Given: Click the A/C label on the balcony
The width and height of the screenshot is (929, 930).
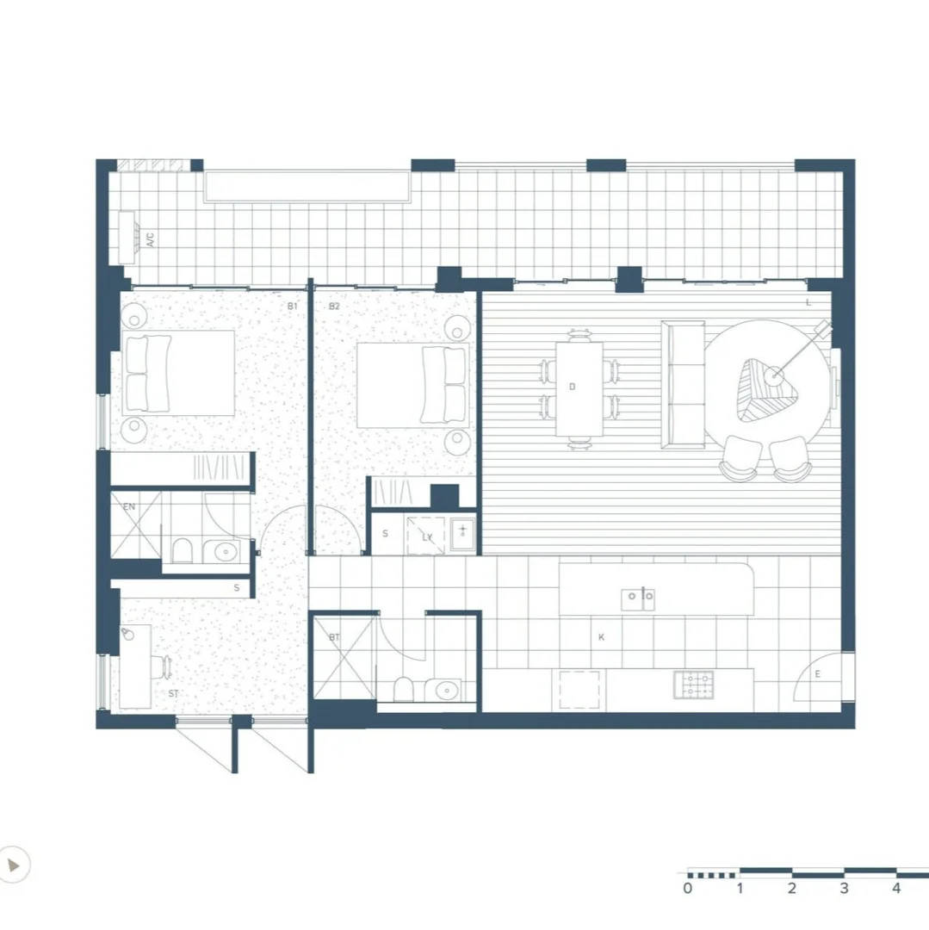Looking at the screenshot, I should [150, 239].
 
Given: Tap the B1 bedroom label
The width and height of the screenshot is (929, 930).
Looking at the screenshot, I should [292, 306].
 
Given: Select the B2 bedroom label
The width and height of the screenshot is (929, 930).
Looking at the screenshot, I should [334, 306].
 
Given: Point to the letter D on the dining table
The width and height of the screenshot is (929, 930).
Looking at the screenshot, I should [572, 387].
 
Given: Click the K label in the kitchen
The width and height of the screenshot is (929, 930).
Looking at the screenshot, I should [601, 637].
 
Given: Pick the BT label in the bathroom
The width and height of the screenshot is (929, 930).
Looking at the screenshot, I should [335, 637].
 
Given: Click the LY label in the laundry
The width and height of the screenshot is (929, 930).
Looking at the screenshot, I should [426, 537].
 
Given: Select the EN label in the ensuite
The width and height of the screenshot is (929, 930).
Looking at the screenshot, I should [129, 507].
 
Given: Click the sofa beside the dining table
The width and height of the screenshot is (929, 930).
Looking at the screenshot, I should [683, 385].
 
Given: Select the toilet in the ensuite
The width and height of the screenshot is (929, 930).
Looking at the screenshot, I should [182, 551].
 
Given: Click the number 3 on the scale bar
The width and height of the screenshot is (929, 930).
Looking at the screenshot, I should [844, 888].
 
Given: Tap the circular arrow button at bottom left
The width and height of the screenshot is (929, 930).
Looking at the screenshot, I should [15, 863].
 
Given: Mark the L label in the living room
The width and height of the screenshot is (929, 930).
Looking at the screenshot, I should [808, 302].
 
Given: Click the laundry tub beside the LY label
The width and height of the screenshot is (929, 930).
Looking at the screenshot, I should [462, 535].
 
